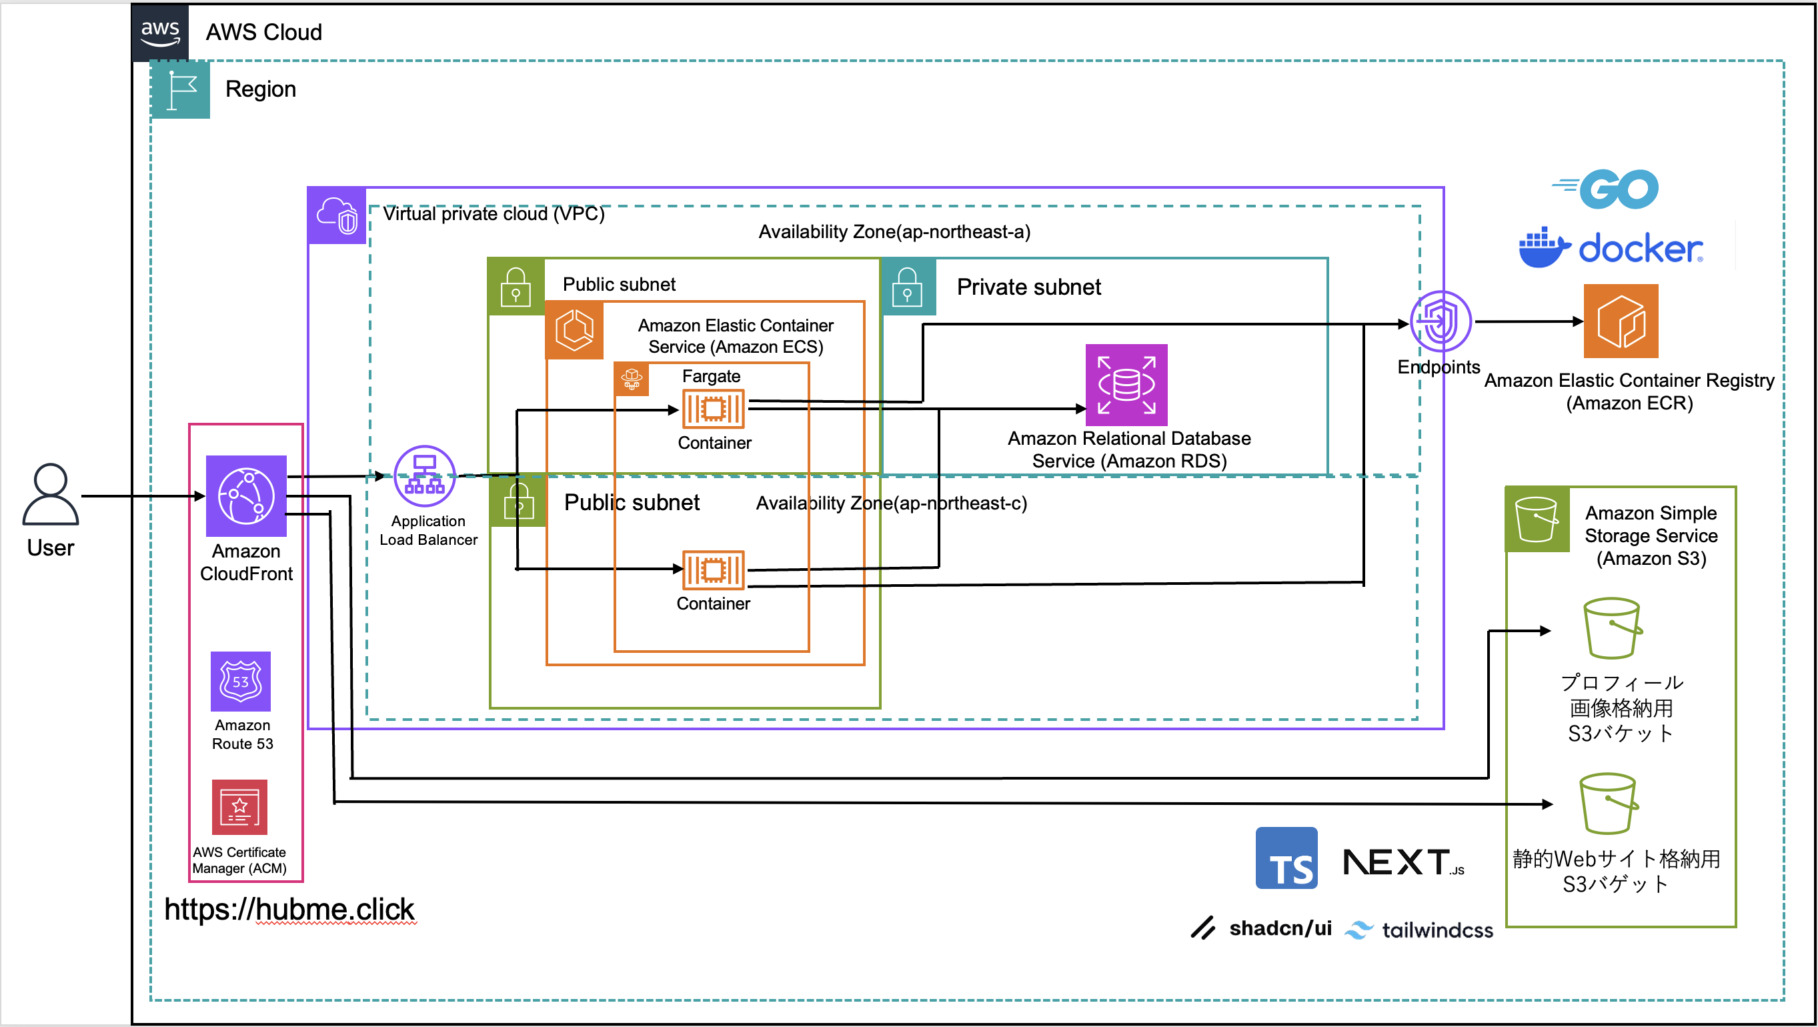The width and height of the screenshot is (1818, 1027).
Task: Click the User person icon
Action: click(x=50, y=494)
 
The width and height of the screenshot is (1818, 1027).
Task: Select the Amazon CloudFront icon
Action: click(x=245, y=495)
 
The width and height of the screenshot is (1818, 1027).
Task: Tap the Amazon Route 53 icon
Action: click(x=241, y=681)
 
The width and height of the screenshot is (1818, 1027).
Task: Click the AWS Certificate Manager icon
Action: click(x=240, y=807)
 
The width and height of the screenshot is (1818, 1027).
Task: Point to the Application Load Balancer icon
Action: click(x=424, y=475)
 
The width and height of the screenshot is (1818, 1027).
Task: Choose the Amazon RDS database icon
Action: click(x=1126, y=385)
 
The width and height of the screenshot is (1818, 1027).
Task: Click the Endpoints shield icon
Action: click(x=1440, y=322)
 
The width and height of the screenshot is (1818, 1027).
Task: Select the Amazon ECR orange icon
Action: click(x=1621, y=321)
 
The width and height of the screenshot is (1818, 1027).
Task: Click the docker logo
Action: click(x=1611, y=248)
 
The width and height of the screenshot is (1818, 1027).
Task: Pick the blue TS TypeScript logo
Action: click(x=1286, y=858)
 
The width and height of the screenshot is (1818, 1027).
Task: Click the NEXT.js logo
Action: click(x=1403, y=862)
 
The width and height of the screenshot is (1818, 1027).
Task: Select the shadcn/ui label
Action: click(x=1280, y=928)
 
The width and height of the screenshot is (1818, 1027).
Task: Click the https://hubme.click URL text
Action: click(x=289, y=909)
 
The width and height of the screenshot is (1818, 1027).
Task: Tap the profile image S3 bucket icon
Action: click(x=1612, y=628)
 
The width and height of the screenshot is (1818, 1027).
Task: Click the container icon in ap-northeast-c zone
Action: click(x=713, y=570)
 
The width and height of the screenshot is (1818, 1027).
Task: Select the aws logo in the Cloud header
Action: click(x=160, y=33)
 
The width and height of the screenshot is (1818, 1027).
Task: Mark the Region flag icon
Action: click(x=181, y=89)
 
